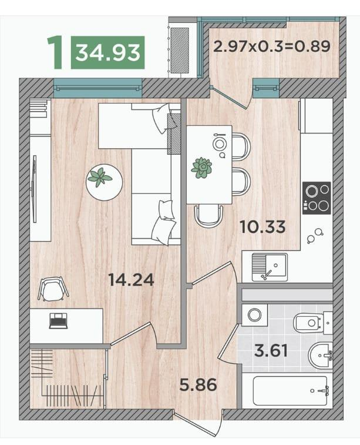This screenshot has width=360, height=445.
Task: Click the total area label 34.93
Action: coord(107,53)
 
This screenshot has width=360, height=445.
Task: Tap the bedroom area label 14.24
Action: coord(131,280)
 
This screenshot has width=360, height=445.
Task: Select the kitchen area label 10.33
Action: coord(263,227)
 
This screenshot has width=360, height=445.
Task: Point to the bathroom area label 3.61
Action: coord(271,350)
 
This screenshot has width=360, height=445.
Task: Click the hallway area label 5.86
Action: coord(198,385)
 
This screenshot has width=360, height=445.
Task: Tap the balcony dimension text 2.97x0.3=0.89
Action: coord(272,46)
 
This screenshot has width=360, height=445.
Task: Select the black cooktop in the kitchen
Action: coord(317,198)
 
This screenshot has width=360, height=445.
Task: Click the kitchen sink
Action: coord(270,267)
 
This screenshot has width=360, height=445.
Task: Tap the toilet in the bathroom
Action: coord(312,323)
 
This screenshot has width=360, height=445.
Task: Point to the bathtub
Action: coord(290,391)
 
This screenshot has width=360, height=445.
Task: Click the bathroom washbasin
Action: coord(320,355)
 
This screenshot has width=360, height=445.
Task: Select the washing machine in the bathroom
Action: coord(254,314)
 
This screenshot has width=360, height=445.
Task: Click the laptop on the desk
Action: coord(58,321)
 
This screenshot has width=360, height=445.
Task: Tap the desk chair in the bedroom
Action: coord(53,289)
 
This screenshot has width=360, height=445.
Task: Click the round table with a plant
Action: coord(105,182)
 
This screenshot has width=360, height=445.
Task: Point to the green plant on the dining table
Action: coord(201,168)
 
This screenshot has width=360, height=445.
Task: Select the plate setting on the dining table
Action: coord(219,145)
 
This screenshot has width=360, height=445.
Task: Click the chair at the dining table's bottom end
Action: coord(208,215)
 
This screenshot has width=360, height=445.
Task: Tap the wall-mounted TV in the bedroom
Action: coord(33,189)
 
